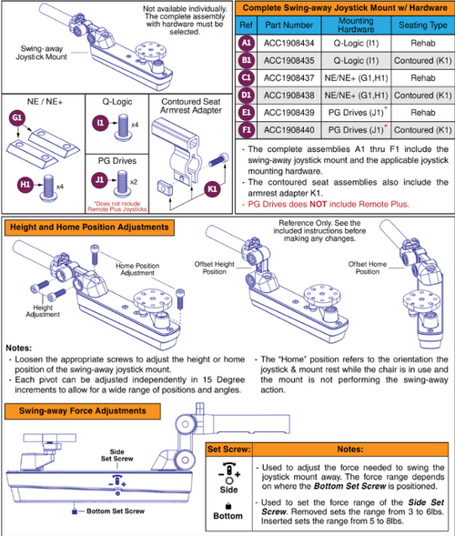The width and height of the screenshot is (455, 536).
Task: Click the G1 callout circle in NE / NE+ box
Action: tap(16, 117)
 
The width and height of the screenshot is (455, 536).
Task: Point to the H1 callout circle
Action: tap(25, 185)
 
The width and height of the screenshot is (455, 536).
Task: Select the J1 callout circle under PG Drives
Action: tap(102, 181)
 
